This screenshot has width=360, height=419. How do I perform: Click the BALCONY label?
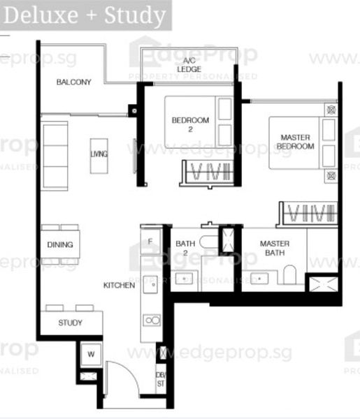click(74, 82)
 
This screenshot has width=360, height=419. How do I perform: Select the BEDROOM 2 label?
click(190, 124)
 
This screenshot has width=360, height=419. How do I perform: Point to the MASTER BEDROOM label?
click(295, 142)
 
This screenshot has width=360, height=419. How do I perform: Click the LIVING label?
click(99, 154)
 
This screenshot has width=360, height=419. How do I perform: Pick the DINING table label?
click(59, 245)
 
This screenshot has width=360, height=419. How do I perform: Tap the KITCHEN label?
click(119, 285)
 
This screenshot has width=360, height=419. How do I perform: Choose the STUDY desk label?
click(70, 323)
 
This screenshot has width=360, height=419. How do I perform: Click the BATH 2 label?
click(185, 247)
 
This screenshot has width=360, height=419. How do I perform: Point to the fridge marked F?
click(150, 241)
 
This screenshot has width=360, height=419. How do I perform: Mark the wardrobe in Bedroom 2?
click(206, 172)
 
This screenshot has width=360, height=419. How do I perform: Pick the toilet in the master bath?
click(289, 277)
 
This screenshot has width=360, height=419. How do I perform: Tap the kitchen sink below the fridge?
click(150, 285)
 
